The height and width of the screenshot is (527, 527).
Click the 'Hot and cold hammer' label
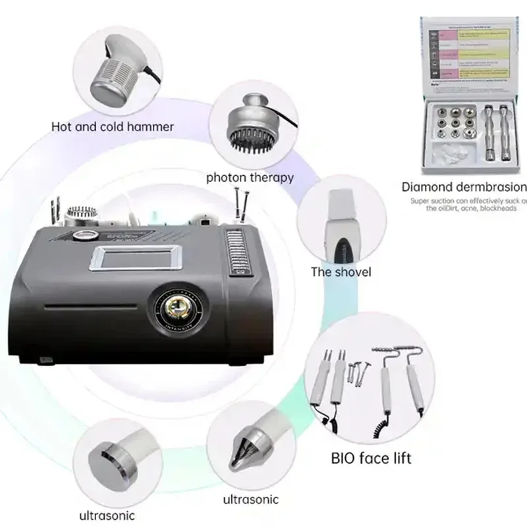point(112,126)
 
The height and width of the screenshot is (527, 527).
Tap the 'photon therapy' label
point(250,177)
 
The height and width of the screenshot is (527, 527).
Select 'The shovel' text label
point(341,272)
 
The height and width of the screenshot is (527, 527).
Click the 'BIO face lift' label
point(371,457)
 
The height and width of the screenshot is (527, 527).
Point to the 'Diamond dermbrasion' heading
point(464,186)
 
